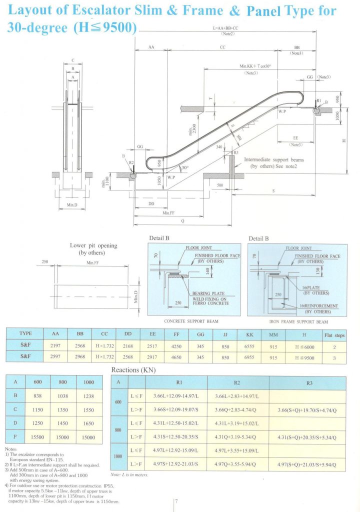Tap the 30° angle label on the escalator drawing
coord(185,167)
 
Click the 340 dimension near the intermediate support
coord(218,147)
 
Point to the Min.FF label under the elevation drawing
coord(167,213)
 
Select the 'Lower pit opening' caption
coord(93,245)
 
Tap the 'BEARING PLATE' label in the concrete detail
coord(207,293)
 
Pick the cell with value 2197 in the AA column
coord(56,345)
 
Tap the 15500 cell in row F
coord(38,436)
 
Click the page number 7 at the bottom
coord(177,501)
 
